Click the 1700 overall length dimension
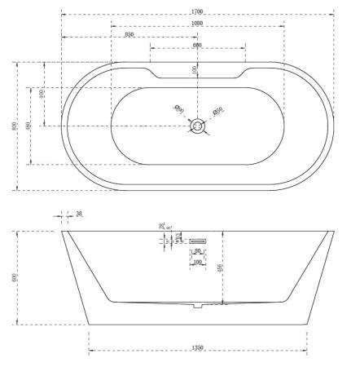(x=197, y=11)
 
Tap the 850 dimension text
(x=130, y=34)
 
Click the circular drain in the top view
(x=197, y=126)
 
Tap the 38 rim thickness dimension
(x=78, y=215)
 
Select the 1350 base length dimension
(x=197, y=347)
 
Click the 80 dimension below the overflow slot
(x=197, y=252)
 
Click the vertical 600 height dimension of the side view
(x=14, y=277)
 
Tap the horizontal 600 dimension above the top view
(x=197, y=46)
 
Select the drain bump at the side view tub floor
(x=197, y=307)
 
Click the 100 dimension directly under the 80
(x=197, y=262)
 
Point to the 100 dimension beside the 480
(x=41, y=95)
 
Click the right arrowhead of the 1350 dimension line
(x=305, y=352)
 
